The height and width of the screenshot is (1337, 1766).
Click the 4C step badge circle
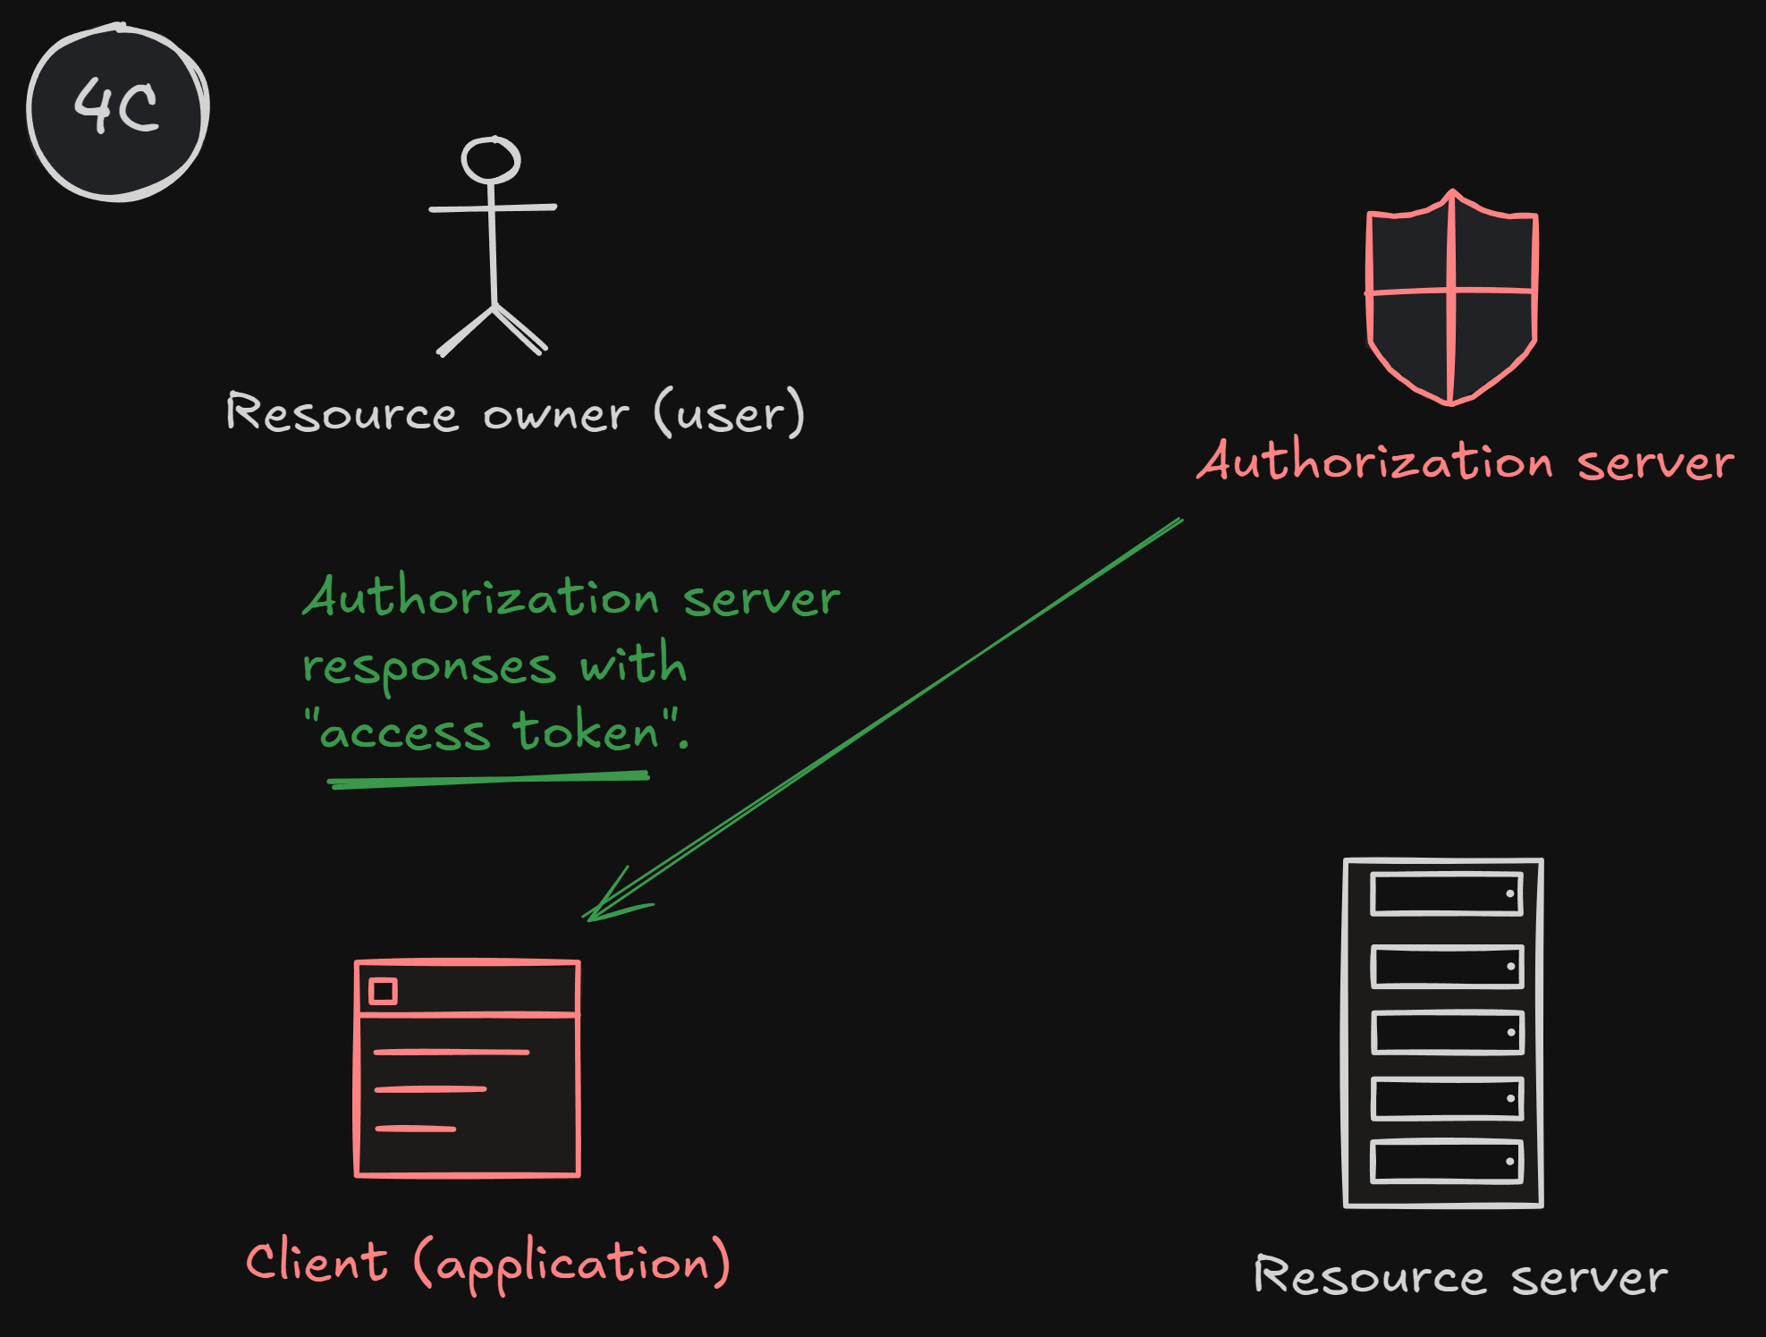[118, 111]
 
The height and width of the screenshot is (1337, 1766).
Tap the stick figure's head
[490, 160]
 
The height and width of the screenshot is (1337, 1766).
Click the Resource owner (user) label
[515, 413]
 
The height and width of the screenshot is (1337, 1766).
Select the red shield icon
[1451, 296]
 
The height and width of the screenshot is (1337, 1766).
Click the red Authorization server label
[1465, 462]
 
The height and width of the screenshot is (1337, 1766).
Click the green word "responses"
[429, 667]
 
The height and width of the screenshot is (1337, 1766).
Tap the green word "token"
[586, 732]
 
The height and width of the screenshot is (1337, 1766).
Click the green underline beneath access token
[488, 780]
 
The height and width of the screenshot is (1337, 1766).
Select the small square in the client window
[384, 991]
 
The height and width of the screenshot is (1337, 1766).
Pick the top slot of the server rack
[1447, 893]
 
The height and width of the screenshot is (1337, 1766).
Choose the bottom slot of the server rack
[1447, 1161]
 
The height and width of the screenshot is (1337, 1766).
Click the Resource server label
[1460, 1276]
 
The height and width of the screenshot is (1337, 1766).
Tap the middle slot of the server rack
[1447, 1032]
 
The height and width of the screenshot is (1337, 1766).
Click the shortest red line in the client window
[416, 1129]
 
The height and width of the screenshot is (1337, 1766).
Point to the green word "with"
[633, 665]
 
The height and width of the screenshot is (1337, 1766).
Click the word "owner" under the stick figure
[556, 415]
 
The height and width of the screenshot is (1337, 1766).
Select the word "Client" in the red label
[317, 1262]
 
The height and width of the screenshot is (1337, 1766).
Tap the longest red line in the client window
[452, 1052]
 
